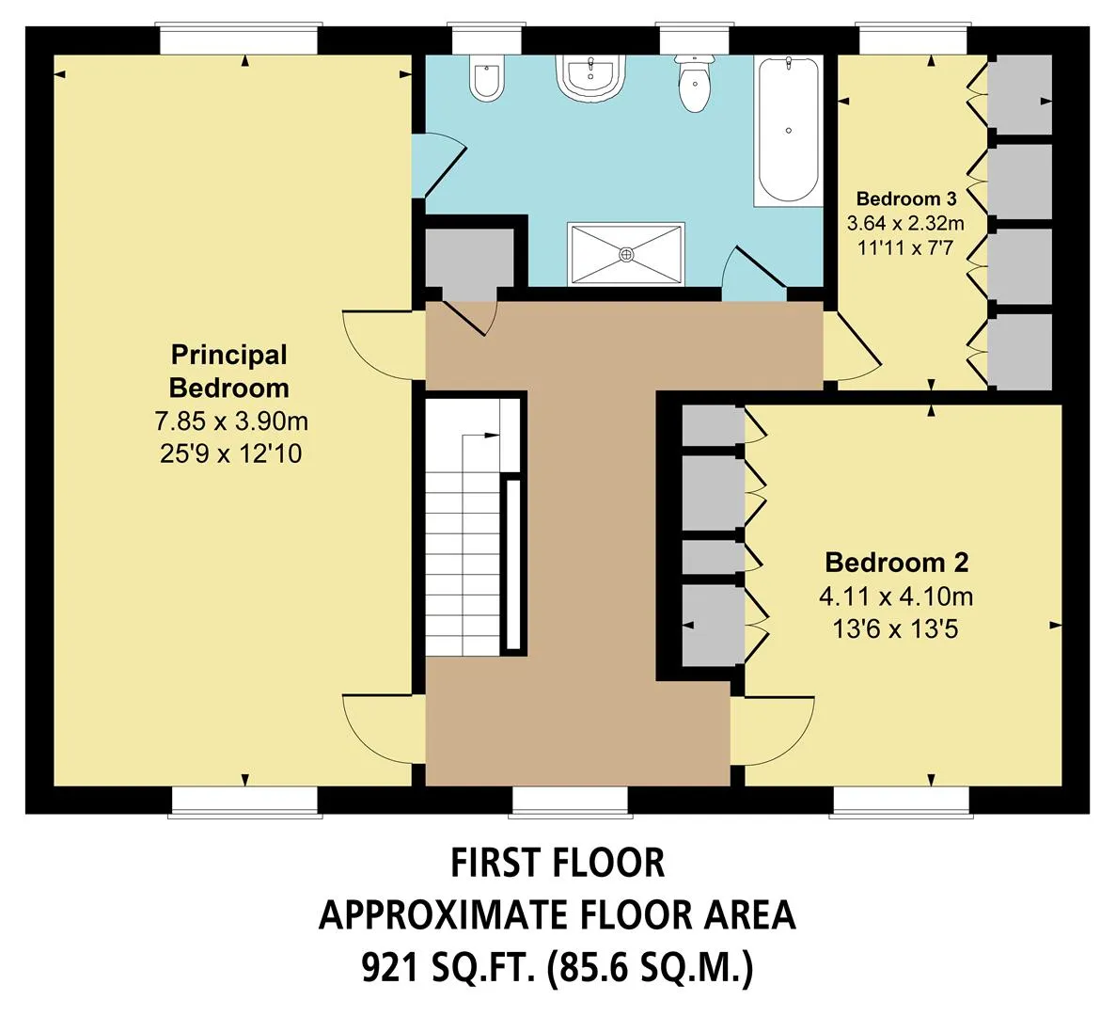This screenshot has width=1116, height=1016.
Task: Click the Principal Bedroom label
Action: click(x=229, y=371)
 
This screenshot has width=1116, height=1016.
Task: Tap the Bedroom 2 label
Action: click(x=897, y=563)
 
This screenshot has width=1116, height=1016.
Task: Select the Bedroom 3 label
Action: click(x=906, y=198)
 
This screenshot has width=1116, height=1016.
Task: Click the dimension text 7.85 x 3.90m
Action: click(x=231, y=421)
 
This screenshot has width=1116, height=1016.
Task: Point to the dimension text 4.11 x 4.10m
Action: click(x=896, y=595)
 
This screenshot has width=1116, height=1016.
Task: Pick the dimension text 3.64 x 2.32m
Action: click(x=905, y=224)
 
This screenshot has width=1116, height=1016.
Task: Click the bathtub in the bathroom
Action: click(x=788, y=131)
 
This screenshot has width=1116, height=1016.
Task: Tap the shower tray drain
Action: click(x=625, y=253)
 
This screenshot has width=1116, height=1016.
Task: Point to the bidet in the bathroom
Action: click(x=488, y=78)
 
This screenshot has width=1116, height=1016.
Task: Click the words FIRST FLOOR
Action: click(x=558, y=863)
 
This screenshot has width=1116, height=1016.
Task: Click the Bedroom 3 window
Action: click(x=913, y=40)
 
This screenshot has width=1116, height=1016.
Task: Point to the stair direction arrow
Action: click(x=481, y=435)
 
